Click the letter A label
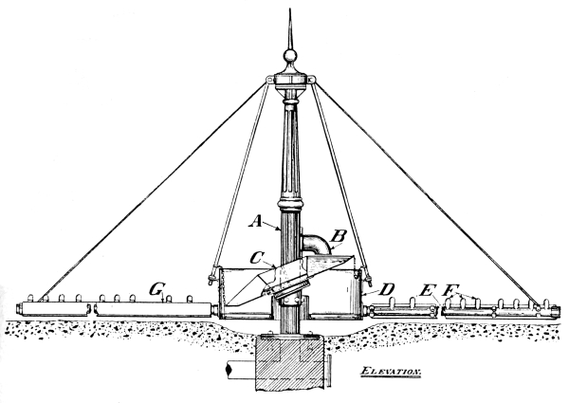click(256, 220)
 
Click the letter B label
click(338, 236)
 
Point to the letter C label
click(257, 258)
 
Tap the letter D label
click(387, 289)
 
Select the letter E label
click(428, 290)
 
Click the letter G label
click(156, 289)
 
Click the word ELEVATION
click(391, 371)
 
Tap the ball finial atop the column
click(289, 56)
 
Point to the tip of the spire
click(290, 9)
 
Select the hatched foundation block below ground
click(289, 363)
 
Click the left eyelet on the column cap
click(269, 80)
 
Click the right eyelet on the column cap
click(311, 80)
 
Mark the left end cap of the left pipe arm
click(19, 308)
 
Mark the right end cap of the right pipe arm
click(556, 311)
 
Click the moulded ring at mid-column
click(290, 205)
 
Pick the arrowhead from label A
click(278, 229)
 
